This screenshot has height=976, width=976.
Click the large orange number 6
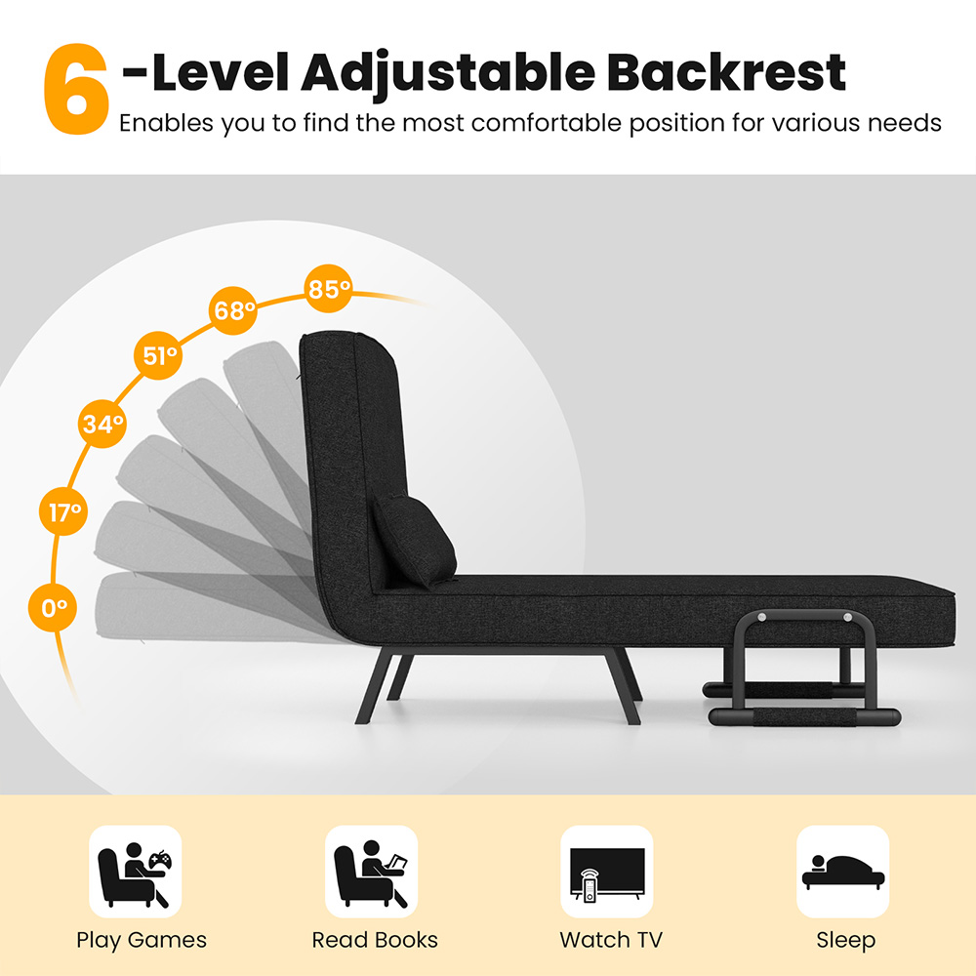pos(76,89)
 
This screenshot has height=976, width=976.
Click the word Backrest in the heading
pos(726,72)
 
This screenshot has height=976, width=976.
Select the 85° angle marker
pos(329,289)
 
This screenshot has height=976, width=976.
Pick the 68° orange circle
pos(233,310)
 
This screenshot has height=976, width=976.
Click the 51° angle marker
pos(159,355)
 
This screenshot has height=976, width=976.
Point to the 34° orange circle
pos(102,424)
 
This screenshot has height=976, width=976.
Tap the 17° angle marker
pos(63,511)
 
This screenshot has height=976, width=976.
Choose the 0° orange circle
pos(53,607)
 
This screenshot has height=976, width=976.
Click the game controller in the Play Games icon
pos(161,860)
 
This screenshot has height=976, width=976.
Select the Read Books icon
pos(371,872)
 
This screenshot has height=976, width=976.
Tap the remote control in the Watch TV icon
pos(589,886)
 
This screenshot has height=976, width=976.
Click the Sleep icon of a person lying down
pos(843,872)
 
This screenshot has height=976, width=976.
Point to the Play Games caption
pos(142,940)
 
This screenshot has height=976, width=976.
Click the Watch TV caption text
pos(611,939)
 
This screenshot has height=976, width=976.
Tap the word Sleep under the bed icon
pos(846,941)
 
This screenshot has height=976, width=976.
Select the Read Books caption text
pos(375,939)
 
